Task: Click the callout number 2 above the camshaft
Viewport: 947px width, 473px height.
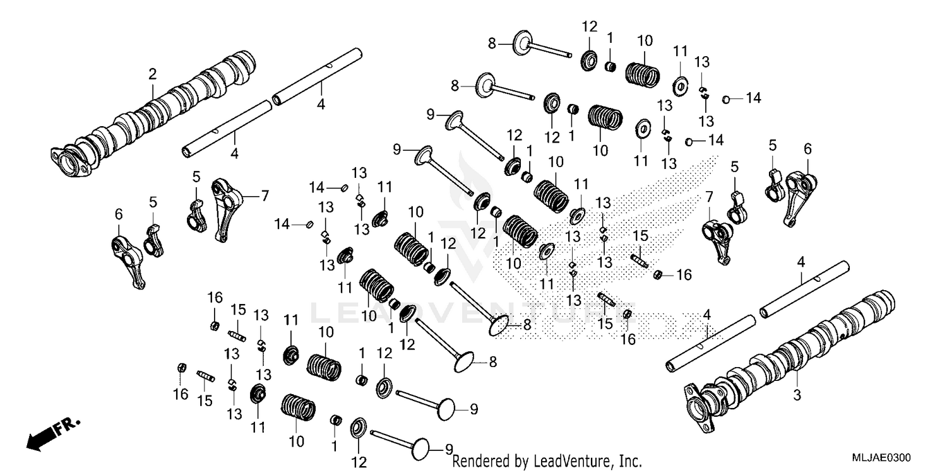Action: (x=152, y=74)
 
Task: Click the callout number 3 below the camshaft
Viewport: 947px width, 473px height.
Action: (x=796, y=395)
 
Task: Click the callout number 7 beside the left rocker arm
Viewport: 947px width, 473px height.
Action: (x=265, y=196)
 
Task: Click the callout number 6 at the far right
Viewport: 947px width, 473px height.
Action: (x=807, y=149)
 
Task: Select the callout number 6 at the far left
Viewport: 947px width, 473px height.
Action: (x=117, y=215)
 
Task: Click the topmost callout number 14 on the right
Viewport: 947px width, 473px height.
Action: (x=753, y=98)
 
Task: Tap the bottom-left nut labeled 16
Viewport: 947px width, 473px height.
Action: (x=181, y=367)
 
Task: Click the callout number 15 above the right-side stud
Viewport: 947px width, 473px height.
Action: (x=640, y=235)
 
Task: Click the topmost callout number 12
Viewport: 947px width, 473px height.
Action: (x=589, y=26)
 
